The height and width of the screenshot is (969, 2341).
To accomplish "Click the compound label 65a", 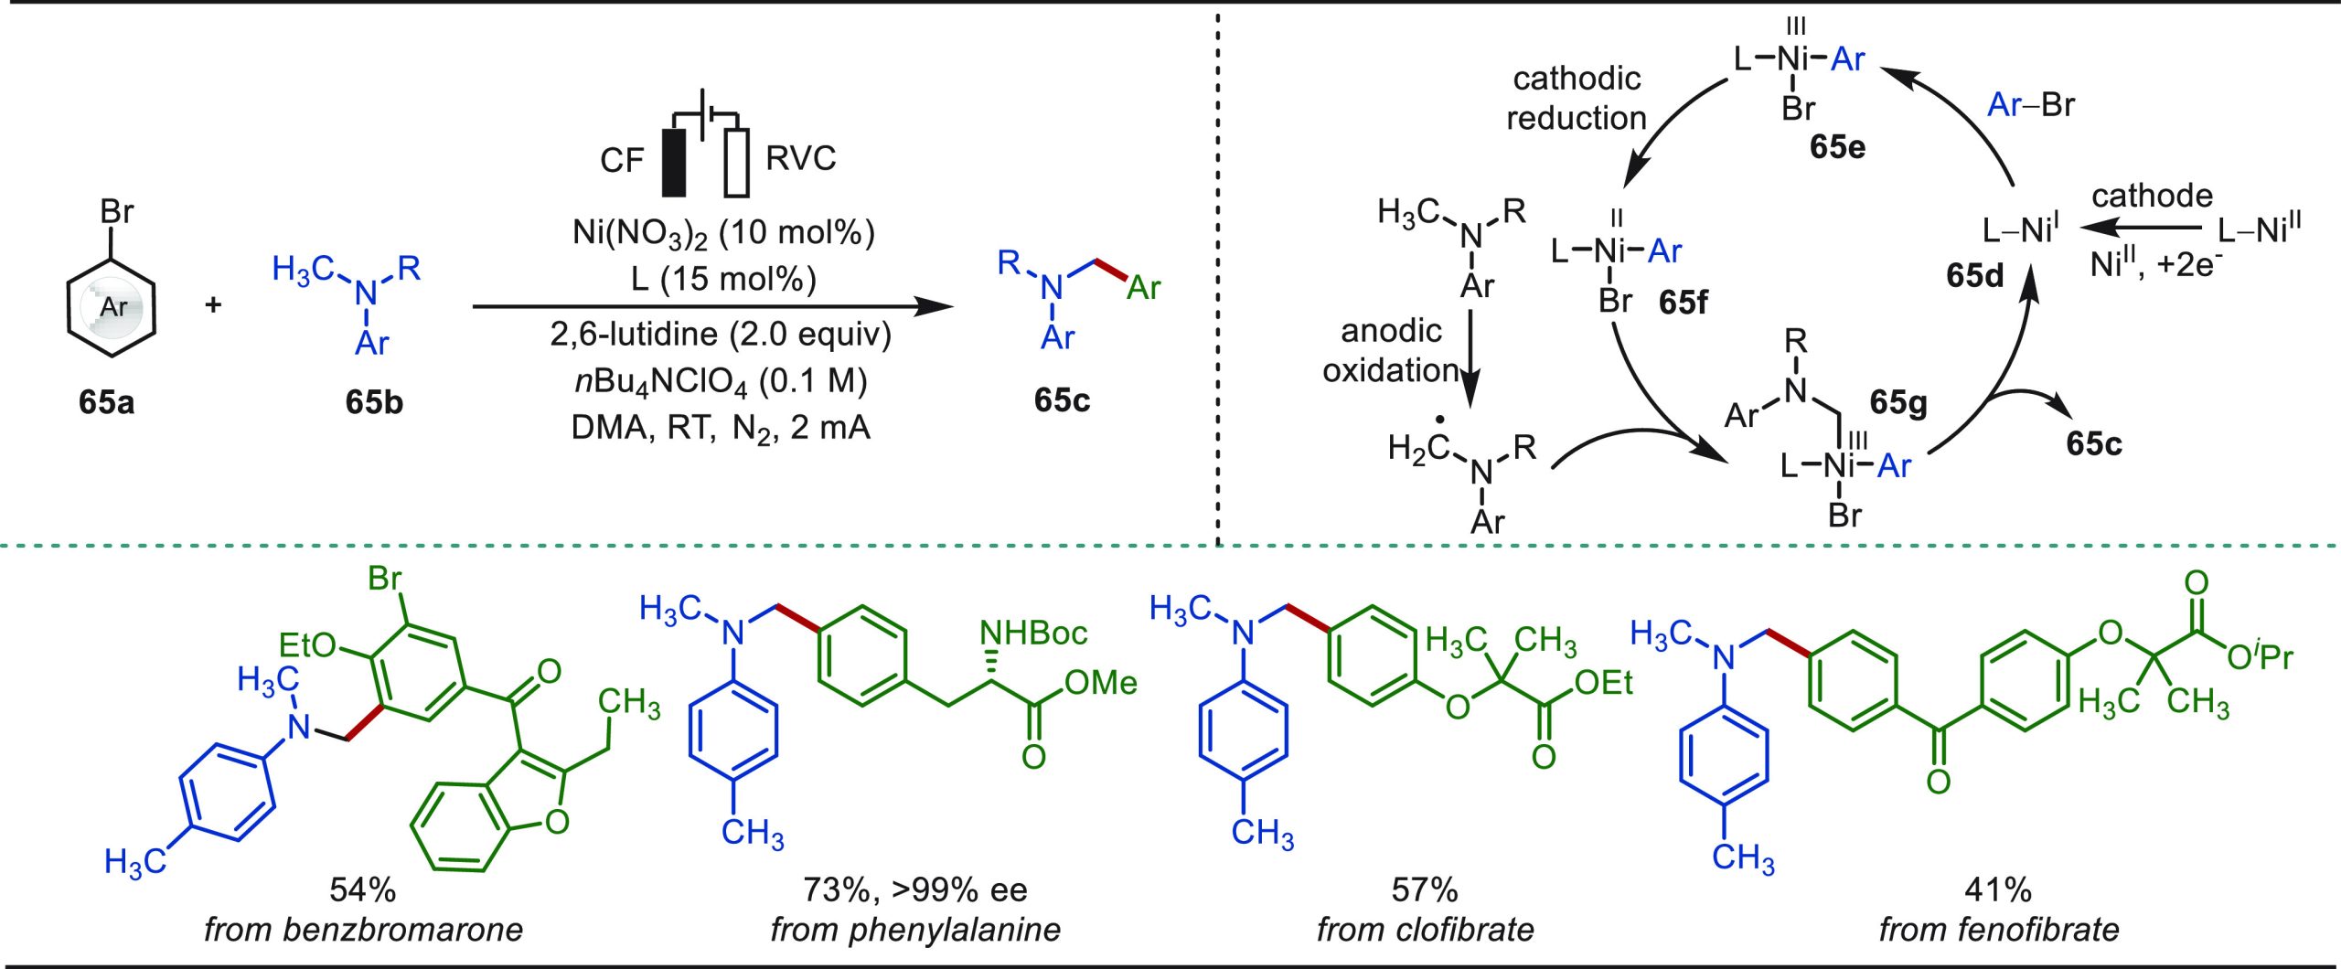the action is click(x=107, y=401).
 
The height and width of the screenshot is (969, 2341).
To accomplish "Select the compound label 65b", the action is click(x=374, y=401).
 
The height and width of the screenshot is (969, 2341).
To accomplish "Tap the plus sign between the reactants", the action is click(x=213, y=303).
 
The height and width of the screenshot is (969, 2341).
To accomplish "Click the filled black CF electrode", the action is click(x=674, y=162).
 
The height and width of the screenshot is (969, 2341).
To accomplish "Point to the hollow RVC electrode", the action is click(x=737, y=162).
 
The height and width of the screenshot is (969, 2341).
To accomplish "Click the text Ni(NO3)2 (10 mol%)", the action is click(x=723, y=234).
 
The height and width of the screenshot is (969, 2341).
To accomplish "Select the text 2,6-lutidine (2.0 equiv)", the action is click(x=721, y=334).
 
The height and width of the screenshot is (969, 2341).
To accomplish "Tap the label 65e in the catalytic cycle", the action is click(x=1837, y=146).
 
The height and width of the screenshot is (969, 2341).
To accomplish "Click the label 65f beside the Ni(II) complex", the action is click(x=1683, y=302).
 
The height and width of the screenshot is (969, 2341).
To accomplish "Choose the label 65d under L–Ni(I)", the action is click(x=1975, y=275).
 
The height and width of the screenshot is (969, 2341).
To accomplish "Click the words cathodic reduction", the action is click(x=1577, y=98).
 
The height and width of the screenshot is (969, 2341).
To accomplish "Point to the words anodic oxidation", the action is click(x=1391, y=350).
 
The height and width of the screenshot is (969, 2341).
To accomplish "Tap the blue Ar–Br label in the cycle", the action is click(x=2031, y=105).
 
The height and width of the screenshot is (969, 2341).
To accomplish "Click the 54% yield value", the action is click(x=363, y=889).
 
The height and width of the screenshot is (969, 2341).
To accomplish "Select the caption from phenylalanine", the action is click(x=915, y=930).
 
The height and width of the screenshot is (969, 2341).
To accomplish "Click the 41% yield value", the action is click(x=1998, y=889).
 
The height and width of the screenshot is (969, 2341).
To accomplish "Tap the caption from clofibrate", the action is click(x=1426, y=930).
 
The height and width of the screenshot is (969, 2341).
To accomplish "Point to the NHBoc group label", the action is click(x=1033, y=633).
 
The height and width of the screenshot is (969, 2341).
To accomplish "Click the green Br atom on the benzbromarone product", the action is click(x=385, y=578).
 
